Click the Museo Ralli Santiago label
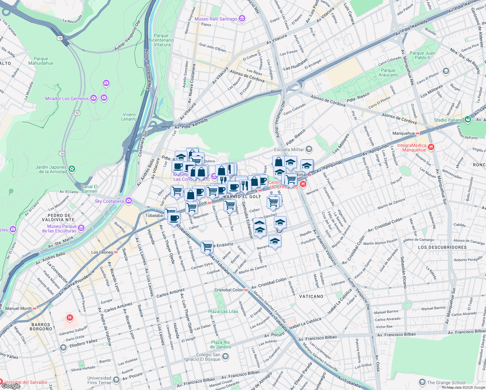[216, 19]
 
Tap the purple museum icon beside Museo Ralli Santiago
[242, 19]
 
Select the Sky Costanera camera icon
[129, 201]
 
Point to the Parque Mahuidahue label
[41, 61]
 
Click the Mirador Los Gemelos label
[67, 98]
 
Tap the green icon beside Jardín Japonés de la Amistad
[72, 169]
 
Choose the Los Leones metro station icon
[116, 252]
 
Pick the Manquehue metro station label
[403, 133]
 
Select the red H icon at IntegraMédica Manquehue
[431, 147]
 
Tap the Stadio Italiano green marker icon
[468, 120]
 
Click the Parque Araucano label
[388, 72]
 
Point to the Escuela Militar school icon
[309, 149]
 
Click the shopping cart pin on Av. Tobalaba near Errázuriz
[207, 247]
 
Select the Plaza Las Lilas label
[223, 311]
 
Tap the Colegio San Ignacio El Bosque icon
[225, 357]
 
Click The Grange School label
[446, 383]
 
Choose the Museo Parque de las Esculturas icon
[81, 228]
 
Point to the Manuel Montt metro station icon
[35, 308]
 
